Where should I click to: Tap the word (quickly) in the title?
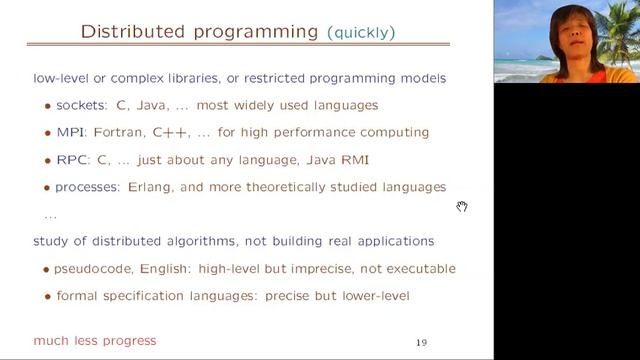tap(361, 33)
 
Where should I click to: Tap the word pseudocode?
tap(96, 268)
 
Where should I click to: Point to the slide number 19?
tap(421, 343)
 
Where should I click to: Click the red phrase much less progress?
tap(95, 341)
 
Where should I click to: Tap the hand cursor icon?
tap(462, 206)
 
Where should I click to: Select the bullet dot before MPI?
tap(47, 133)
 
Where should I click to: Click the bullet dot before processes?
tap(47, 187)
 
